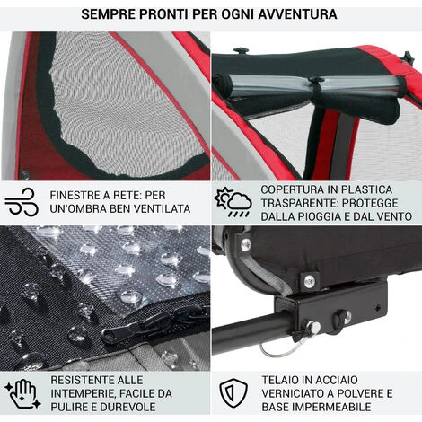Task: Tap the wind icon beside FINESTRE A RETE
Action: [x=22, y=202]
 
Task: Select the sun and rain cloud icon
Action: [x=233, y=202]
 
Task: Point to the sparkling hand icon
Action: [x=22, y=394]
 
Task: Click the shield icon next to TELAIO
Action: [x=233, y=393]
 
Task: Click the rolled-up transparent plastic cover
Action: [x=312, y=85]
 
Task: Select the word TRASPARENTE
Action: [x=299, y=203]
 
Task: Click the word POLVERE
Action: [x=358, y=393]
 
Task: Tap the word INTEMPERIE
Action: [x=83, y=393]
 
